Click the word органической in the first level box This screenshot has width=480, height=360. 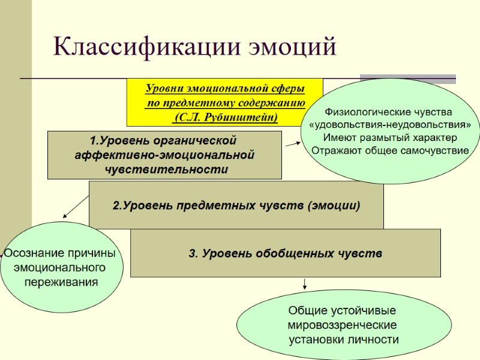pyautogui.click(x=200, y=141)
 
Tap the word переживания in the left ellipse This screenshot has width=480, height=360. pyautogui.click(x=61, y=281)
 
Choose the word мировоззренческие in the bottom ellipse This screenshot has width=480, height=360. pyautogui.click(x=342, y=325)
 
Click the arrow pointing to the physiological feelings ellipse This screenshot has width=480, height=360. pyautogui.click(x=293, y=144)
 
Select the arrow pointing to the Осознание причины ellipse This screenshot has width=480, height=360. pyautogui.click(x=75, y=207)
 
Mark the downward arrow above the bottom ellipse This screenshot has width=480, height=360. pyautogui.click(x=305, y=283)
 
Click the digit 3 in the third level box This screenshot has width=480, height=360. pyautogui.click(x=192, y=254)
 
